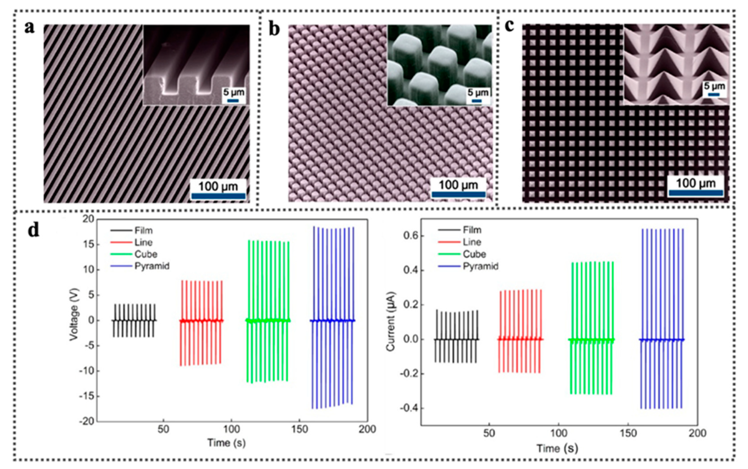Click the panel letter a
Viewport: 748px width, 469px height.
(x=30, y=28)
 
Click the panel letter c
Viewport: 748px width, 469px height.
(x=509, y=26)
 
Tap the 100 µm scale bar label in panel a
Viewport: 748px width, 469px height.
(x=218, y=187)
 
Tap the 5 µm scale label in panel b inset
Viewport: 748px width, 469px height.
(x=478, y=92)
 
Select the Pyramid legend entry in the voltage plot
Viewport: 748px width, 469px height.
(x=152, y=266)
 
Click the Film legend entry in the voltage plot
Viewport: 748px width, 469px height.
(x=143, y=230)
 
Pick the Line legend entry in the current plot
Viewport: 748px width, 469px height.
(x=472, y=242)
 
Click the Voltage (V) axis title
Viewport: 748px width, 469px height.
(x=74, y=314)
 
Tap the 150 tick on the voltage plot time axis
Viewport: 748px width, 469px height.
(x=300, y=429)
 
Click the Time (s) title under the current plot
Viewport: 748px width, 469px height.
(x=557, y=448)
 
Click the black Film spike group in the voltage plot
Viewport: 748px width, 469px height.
(x=134, y=320)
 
